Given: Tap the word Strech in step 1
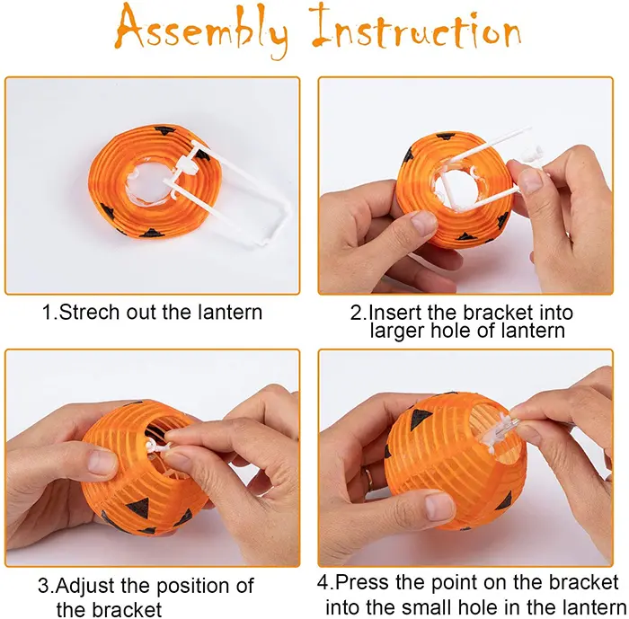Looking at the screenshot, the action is pyautogui.click(x=90, y=312).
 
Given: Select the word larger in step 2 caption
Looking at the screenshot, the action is pyautogui.click(x=397, y=332).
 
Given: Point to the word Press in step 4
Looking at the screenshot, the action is pyautogui.click(x=362, y=582).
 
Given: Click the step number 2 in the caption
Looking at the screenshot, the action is pyautogui.click(x=356, y=313).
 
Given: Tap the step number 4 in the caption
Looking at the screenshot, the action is pyautogui.click(x=323, y=582).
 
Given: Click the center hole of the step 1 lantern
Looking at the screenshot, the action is pyautogui.click(x=146, y=183).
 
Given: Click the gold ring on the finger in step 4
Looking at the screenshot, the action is pyautogui.click(x=368, y=477).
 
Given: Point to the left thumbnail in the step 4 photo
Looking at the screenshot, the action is pyautogui.click(x=439, y=507).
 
